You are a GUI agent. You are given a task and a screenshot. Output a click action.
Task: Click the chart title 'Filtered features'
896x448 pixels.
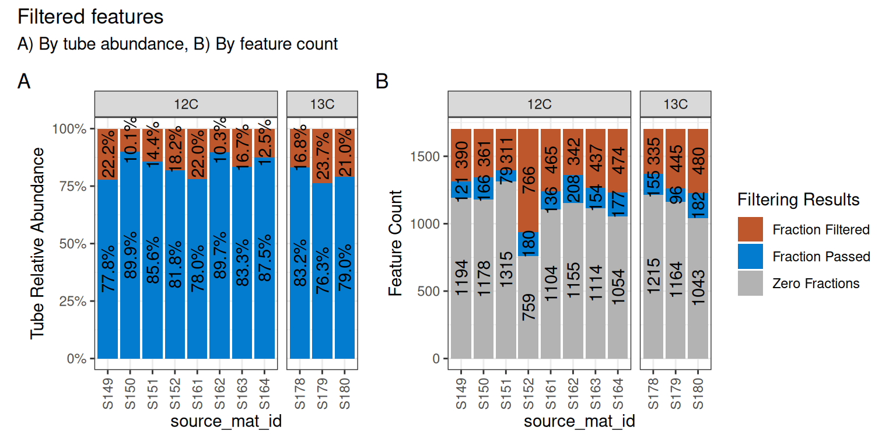click(x=91, y=17)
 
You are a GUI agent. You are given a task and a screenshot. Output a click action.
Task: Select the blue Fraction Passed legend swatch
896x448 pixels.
click(x=750, y=257)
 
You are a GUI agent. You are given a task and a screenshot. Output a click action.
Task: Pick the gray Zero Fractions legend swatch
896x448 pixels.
click(x=750, y=283)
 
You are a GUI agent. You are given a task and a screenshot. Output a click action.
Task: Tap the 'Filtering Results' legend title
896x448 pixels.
click(x=798, y=200)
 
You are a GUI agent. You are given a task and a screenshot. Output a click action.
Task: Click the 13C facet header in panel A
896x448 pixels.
click(x=322, y=104)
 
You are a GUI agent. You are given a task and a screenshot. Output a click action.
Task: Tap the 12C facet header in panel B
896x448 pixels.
click(x=539, y=104)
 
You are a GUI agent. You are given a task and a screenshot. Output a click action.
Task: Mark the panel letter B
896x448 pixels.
click(x=382, y=82)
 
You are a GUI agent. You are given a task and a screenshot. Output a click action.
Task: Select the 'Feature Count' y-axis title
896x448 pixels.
click(x=395, y=243)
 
